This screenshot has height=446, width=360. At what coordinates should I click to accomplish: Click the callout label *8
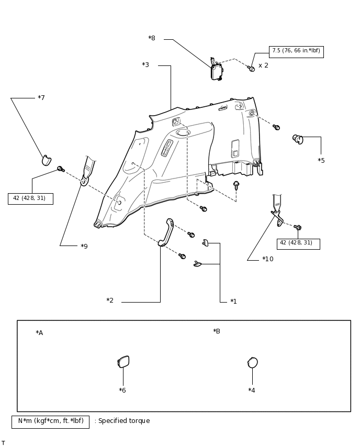(152, 38)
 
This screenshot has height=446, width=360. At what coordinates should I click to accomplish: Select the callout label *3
(145, 65)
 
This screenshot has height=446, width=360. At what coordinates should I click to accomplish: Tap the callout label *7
(41, 98)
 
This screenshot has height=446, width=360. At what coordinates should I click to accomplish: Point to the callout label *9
(84, 246)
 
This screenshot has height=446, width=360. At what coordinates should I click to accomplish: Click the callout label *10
(267, 259)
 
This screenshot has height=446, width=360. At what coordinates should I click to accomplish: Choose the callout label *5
(321, 161)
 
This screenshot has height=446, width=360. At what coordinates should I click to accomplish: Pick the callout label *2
(110, 300)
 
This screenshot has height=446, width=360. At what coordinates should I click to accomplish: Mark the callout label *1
(233, 302)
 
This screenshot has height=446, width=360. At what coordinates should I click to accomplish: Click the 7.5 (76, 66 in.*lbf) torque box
(296, 51)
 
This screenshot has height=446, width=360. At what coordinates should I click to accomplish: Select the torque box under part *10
(298, 243)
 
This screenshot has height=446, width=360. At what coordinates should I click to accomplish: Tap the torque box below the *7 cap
(30, 198)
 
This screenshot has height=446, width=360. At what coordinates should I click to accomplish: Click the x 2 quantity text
(263, 65)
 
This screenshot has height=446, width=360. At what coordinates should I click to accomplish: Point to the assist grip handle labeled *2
(166, 232)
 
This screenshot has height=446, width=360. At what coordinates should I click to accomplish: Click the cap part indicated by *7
(47, 160)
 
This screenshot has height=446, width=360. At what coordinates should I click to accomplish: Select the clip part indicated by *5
(298, 139)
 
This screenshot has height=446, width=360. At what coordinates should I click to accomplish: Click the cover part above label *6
(123, 362)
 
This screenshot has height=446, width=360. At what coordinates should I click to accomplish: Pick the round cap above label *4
(252, 363)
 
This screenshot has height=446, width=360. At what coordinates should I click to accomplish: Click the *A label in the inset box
(39, 333)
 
